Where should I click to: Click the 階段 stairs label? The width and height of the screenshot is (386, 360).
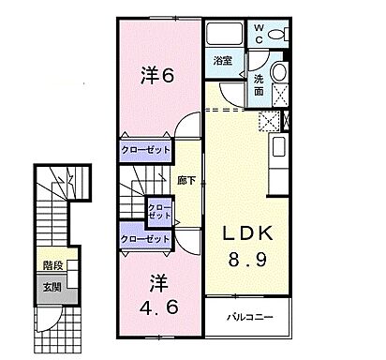click(x=52, y=264)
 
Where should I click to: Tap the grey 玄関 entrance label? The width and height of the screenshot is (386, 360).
click(x=52, y=288)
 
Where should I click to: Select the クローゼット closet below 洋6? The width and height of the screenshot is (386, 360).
click(x=144, y=149)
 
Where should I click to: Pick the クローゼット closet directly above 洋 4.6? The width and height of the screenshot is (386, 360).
click(x=144, y=239)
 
